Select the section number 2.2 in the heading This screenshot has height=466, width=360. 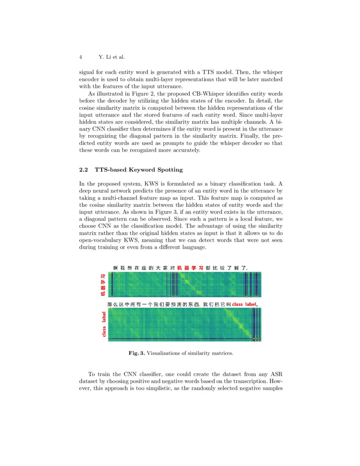[84, 170]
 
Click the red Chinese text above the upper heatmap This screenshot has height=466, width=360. [190, 267]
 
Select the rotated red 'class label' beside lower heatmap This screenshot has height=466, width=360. [104, 325]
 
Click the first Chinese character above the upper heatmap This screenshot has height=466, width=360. [115, 267]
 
